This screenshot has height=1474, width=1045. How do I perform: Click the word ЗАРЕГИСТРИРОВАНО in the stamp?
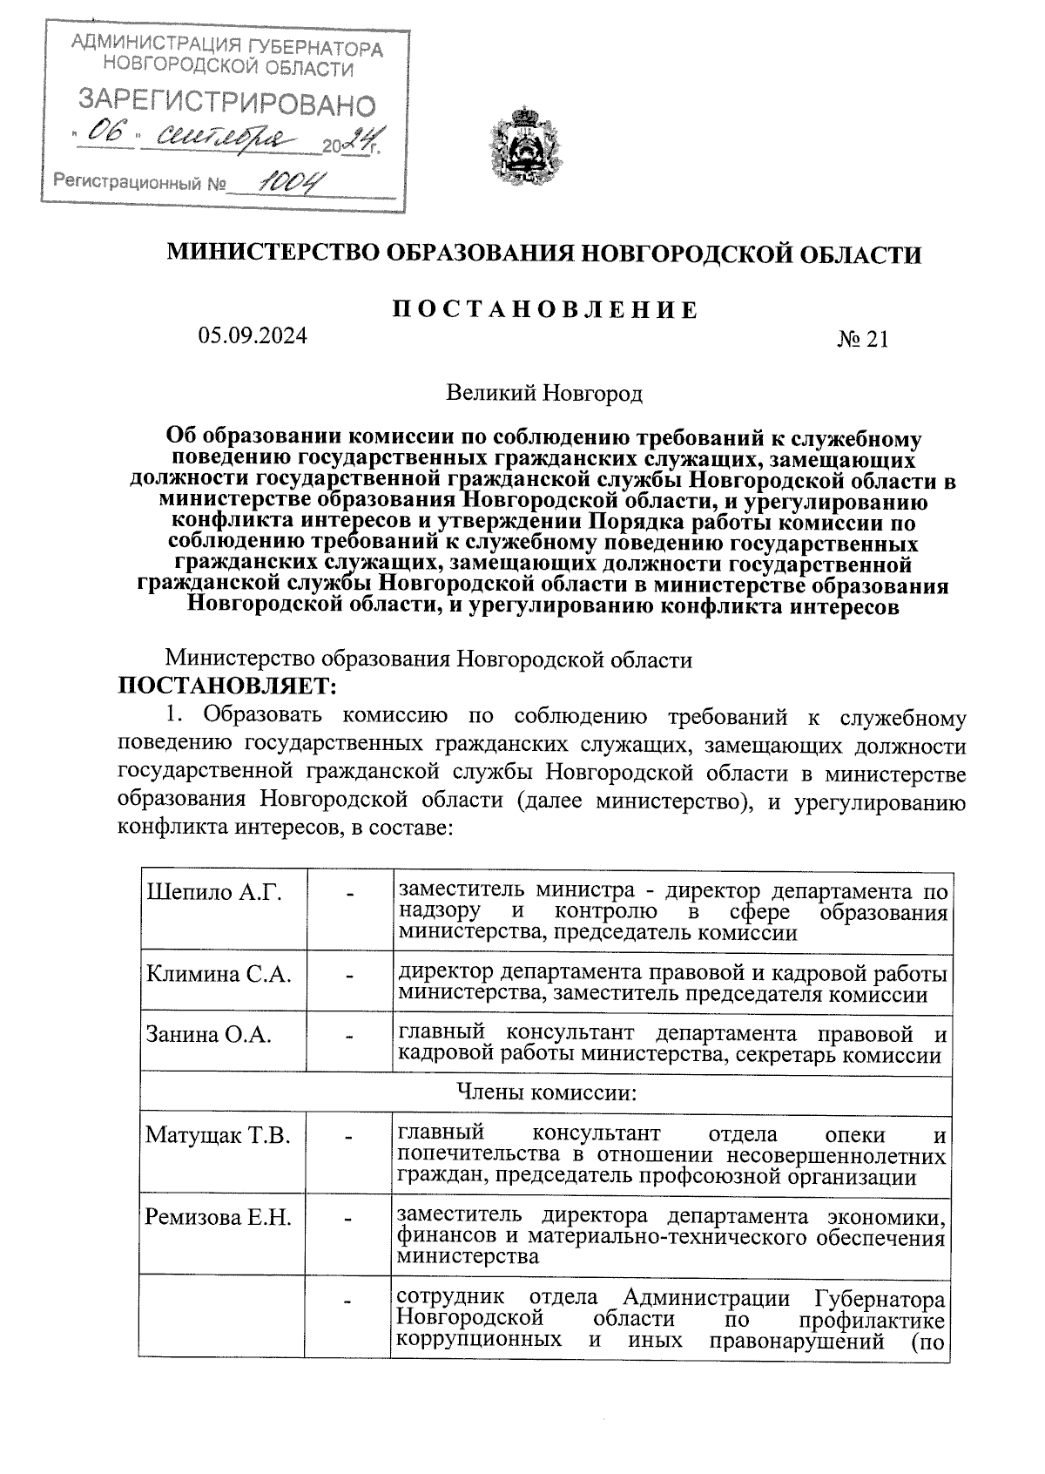[x=227, y=104]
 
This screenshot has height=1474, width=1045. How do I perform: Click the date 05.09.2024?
[x=253, y=335]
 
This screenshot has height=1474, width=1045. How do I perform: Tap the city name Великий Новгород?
[x=544, y=394]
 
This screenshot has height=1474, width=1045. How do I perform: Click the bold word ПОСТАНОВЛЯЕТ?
[x=227, y=686]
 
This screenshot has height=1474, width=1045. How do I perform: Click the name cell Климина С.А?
[x=219, y=974]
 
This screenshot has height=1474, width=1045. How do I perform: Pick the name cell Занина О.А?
[x=209, y=1035]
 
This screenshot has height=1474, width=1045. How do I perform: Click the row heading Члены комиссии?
[x=545, y=1092]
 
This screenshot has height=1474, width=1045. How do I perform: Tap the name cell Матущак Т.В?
[x=218, y=1136]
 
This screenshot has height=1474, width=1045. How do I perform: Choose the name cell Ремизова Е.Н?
[x=219, y=1217]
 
